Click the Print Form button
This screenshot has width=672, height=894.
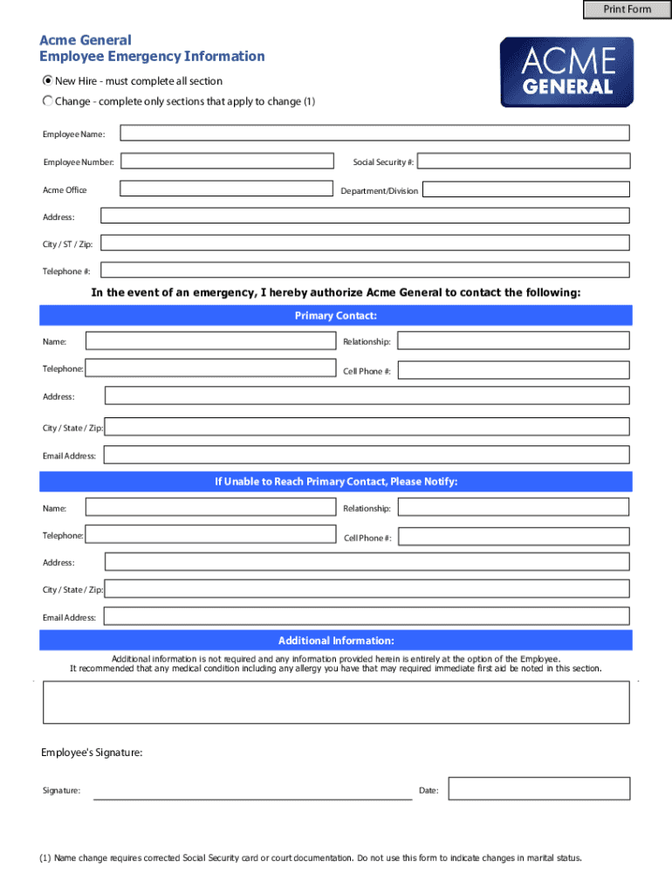(x=627, y=10)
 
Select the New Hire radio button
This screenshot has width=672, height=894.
(x=48, y=80)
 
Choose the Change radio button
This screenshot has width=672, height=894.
(x=48, y=101)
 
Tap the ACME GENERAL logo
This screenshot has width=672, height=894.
(x=567, y=72)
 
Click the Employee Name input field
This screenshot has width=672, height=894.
(x=374, y=134)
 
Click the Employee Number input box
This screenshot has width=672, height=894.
(x=227, y=162)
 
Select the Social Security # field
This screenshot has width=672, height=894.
(x=525, y=162)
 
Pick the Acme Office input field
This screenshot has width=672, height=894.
(x=227, y=189)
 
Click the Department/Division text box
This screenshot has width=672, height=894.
(x=525, y=189)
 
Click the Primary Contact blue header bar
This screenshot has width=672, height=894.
(x=336, y=315)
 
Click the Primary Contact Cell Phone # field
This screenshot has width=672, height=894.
(x=513, y=370)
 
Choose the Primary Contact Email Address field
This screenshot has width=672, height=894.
(x=365, y=455)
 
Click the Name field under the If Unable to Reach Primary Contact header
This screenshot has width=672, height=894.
(x=210, y=507)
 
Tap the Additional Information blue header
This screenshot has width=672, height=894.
(x=336, y=641)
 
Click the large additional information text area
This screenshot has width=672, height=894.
(x=336, y=702)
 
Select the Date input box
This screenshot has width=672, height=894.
(x=538, y=789)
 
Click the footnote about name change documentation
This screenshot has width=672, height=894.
(x=311, y=857)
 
